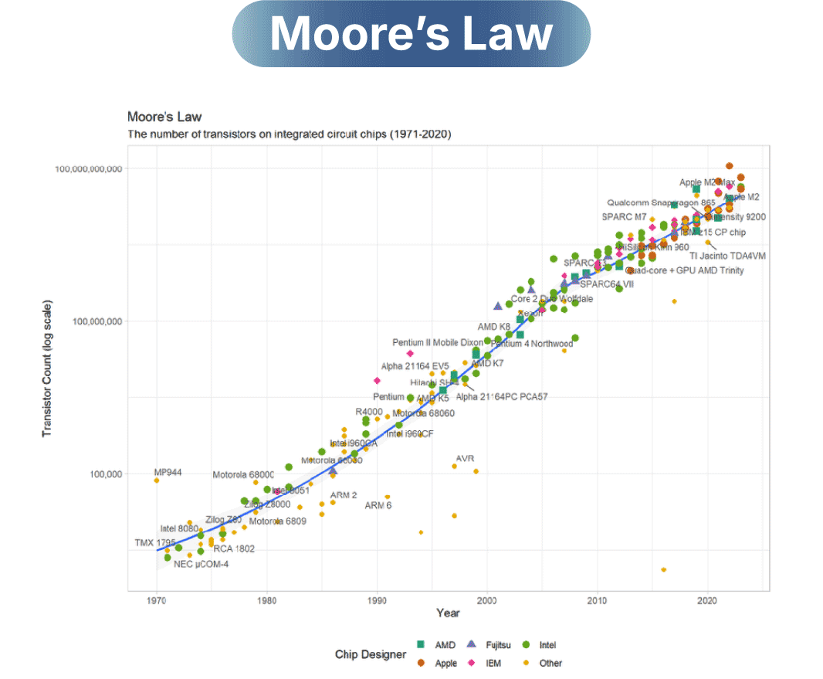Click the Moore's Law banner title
[411, 34]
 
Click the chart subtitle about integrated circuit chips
[289, 134]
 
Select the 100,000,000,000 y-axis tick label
[89, 168]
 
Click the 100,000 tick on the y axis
[103, 474]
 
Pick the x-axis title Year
[448, 613]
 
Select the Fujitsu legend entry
[501, 645]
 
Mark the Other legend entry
[551, 663]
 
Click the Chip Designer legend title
[371, 654]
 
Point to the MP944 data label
[168, 472]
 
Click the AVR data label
[465, 458]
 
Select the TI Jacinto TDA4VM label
[727, 256]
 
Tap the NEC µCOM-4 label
[201, 564]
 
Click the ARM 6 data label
[378, 505]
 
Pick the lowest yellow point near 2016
[663, 569]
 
